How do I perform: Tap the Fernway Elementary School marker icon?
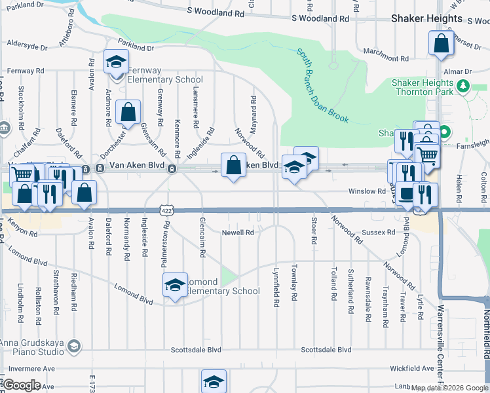coord(116,63)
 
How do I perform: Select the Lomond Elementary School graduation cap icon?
coord(174,285)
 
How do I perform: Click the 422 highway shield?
coord(167,210)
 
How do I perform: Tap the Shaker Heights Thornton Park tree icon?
coord(463,86)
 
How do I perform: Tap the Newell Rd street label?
coord(237,233)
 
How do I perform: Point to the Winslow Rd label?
coord(363,191)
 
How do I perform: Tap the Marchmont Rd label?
coord(386,50)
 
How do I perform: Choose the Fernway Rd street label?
coord(26,71)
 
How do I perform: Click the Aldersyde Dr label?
coord(27,47)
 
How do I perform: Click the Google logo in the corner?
coord(22,385)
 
